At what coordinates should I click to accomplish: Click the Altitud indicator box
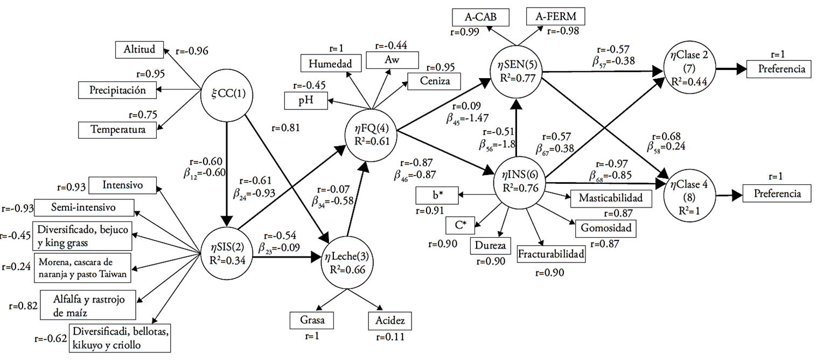pyautogui.click(x=138, y=50)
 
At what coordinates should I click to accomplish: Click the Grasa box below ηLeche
pyautogui.click(x=311, y=320)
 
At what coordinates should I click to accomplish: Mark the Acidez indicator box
pyautogui.click(x=386, y=321)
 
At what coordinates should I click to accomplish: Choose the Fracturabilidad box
pyautogui.click(x=551, y=253)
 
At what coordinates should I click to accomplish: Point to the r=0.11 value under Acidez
pyautogui.click(x=386, y=337)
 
